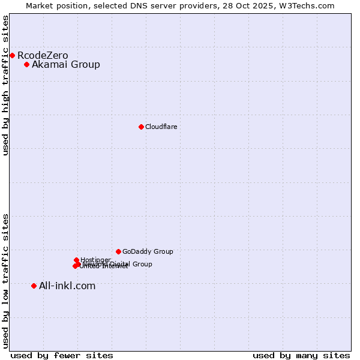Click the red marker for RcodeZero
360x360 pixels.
(x=12, y=56)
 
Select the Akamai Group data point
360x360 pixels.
(x=26, y=65)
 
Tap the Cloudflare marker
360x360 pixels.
(x=141, y=127)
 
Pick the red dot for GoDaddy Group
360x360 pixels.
(x=118, y=251)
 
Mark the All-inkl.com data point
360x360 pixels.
(x=34, y=286)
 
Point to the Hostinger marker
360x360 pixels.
(x=76, y=260)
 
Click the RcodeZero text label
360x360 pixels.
(x=43, y=56)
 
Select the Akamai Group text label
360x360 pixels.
(x=66, y=65)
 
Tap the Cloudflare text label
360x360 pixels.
(x=161, y=127)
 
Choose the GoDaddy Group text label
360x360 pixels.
(x=148, y=251)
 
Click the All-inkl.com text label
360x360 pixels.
(x=67, y=286)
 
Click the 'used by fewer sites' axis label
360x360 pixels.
(x=62, y=355)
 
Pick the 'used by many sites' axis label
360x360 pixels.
(x=301, y=355)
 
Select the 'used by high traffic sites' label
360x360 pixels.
(x=5, y=85)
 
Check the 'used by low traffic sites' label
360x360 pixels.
(x=5, y=281)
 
